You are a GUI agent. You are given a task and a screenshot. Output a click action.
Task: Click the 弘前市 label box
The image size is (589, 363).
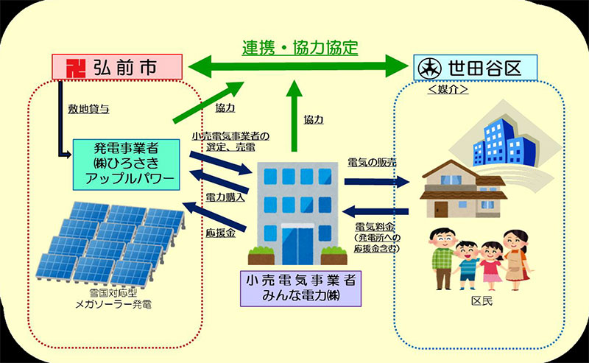(x=116, y=67)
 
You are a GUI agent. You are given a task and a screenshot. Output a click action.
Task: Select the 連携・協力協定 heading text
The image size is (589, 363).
(x=300, y=49)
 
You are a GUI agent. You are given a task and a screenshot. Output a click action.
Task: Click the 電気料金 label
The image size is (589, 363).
(x=374, y=226)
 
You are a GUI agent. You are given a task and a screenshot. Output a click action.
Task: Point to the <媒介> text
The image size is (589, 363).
(x=448, y=89)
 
